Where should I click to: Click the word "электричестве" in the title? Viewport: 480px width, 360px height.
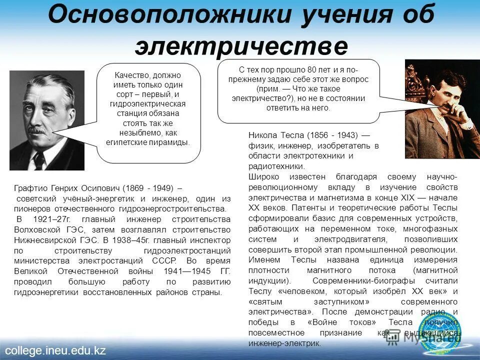(241, 46)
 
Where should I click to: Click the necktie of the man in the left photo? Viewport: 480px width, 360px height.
(39, 159)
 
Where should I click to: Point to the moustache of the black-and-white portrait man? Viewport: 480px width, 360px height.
(37, 131)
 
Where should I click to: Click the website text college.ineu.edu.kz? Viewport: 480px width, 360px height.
(55, 350)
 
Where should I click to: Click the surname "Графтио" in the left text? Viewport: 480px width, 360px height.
(30, 188)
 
